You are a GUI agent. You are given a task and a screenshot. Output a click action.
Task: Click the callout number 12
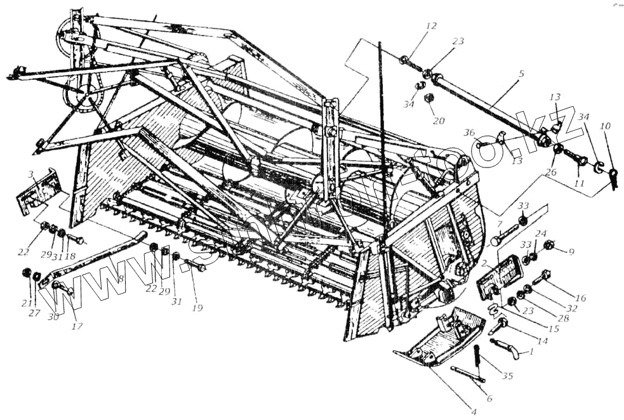point(431,27)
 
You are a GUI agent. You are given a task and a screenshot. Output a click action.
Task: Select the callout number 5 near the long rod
point(521,74)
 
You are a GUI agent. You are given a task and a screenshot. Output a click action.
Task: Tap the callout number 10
point(605,126)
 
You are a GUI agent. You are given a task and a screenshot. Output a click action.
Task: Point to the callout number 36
point(468,132)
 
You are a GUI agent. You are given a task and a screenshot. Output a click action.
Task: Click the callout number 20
point(437,121)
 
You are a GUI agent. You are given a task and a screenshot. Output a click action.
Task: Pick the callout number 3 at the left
point(30,173)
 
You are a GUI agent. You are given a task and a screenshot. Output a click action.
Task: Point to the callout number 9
point(571,252)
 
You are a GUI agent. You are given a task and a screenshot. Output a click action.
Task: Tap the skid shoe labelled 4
point(438,339)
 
